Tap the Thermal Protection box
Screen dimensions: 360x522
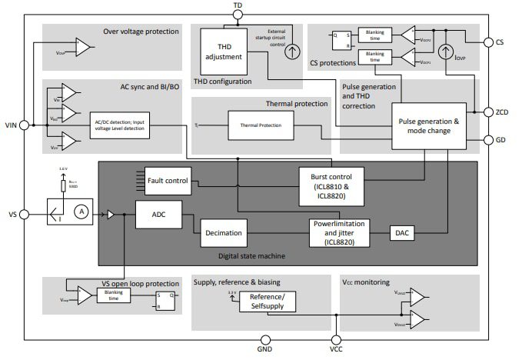(261, 125)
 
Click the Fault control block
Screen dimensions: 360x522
(167, 182)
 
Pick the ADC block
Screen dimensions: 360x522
(158, 215)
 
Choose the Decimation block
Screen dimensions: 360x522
(224, 232)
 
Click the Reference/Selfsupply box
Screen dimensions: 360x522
(267, 302)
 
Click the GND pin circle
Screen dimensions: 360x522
(266, 338)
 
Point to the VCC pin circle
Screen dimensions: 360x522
(336, 338)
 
